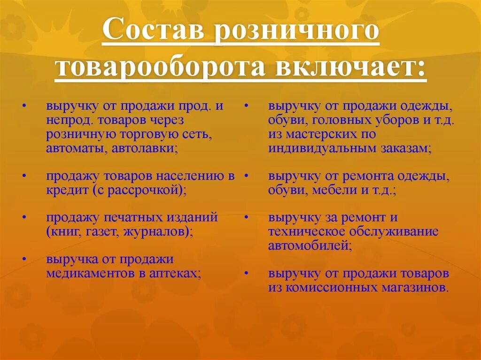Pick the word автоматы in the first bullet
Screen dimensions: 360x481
coord(75,149)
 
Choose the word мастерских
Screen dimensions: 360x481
coord(321,135)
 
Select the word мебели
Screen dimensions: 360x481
coord(325,190)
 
